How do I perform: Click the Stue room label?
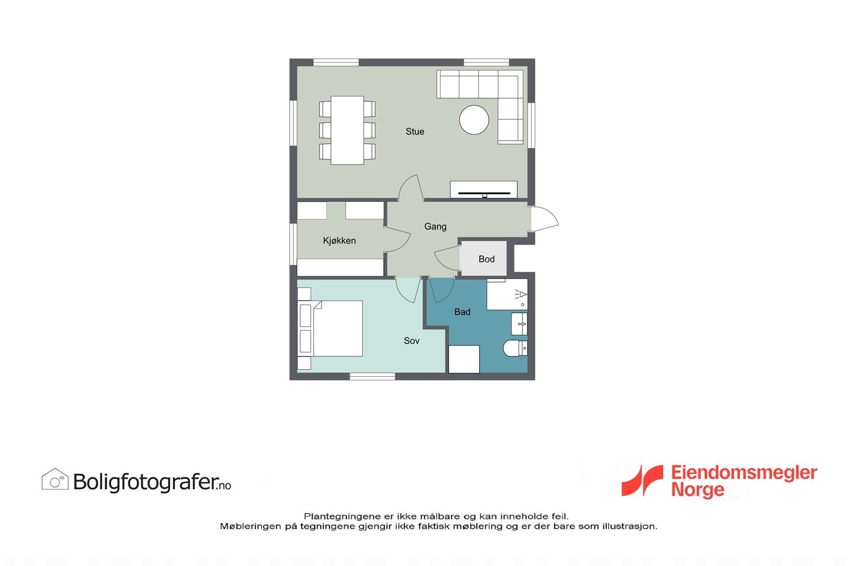tap(414, 132)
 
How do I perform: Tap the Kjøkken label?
tap(339, 241)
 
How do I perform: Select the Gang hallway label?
tap(435, 227)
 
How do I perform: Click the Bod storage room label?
tap(486, 259)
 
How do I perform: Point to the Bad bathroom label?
tap(462, 312)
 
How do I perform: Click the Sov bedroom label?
tap(411, 341)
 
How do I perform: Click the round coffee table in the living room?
tap(474, 120)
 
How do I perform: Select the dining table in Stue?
tap(347, 130)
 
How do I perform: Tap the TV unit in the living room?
tap(483, 190)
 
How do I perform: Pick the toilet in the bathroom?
tap(515, 349)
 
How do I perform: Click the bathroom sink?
tap(519, 324)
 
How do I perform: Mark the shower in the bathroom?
tap(507, 295)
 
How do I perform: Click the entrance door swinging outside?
tap(543, 219)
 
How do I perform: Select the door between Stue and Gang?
tap(411, 189)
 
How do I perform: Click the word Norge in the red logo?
tap(697, 489)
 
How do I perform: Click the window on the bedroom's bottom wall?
tap(372, 377)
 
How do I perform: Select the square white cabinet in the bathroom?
tap(464, 359)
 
